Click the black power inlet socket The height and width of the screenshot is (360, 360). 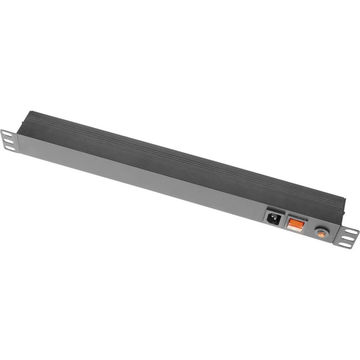273,217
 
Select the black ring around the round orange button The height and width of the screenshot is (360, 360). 315,231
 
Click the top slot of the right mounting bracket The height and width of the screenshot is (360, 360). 351,232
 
